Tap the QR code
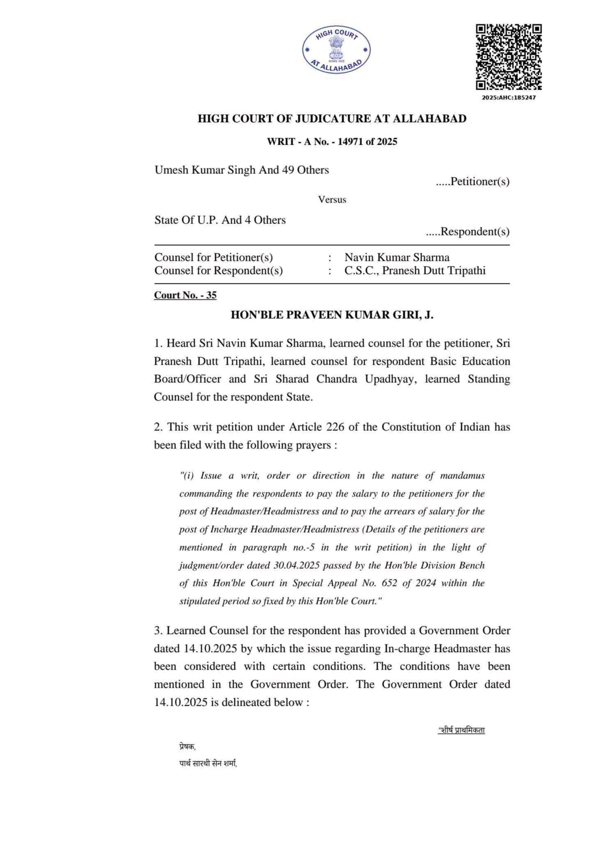pyautogui.click(x=509, y=57)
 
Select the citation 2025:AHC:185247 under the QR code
pyautogui.click(x=509, y=98)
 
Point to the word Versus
pyautogui.click(x=332, y=200)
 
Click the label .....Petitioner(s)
pyautogui.click(x=472, y=182)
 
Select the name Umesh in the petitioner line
pyautogui.click(x=171, y=170)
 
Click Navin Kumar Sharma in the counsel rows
pyautogui.click(x=397, y=257)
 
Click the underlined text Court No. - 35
pyautogui.click(x=185, y=295)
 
